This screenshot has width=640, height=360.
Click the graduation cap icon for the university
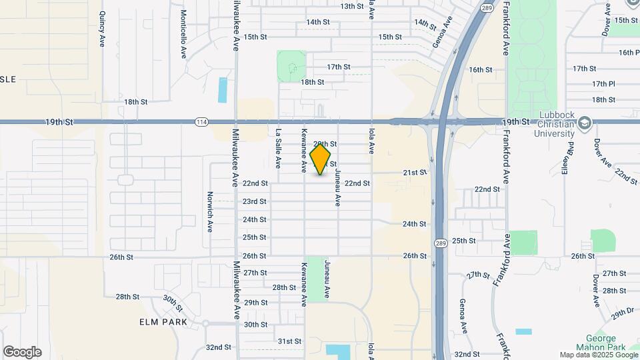click(x=585, y=123)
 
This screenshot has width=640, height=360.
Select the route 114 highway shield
click(x=201, y=122)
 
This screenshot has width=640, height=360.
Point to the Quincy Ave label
click(x=102, y=29)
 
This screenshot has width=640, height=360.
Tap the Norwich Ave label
click(x=209, y=212)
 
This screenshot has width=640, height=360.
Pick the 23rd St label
click(x=255, y=201)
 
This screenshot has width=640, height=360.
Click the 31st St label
click(x=289, y=341)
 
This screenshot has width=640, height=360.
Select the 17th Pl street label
click(x=603, y=84)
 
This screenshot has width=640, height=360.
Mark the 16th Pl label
click(x=629, y=52)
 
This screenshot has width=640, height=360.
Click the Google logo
click(x=22, y=351)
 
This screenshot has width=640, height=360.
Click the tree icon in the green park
click(x=291, y=67)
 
